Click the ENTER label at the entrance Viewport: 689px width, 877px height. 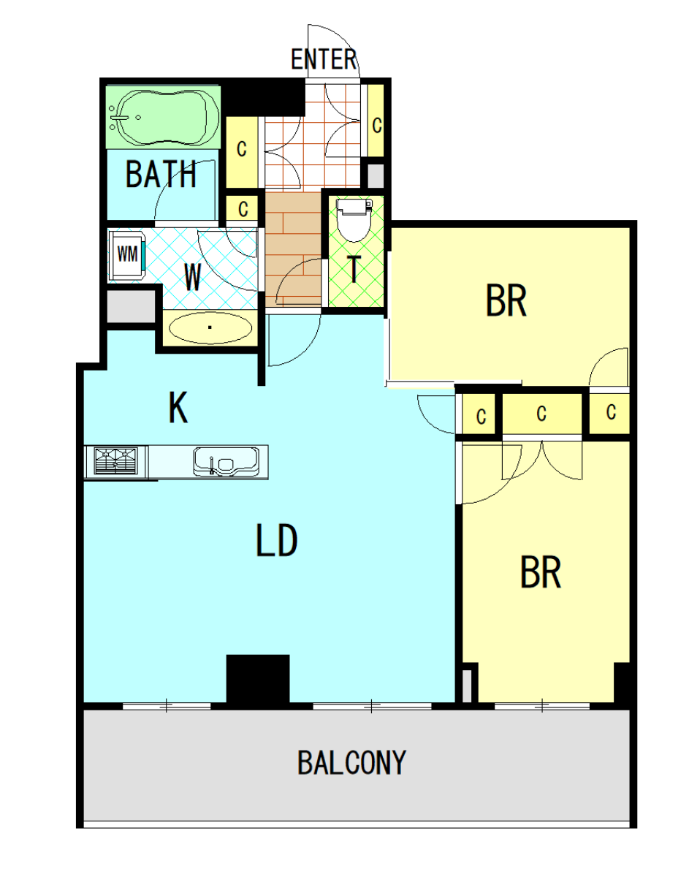point(324,59)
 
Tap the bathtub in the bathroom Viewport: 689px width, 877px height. point(164,118)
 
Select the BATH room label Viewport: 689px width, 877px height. point(161,174)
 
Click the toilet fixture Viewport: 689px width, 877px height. point(354,219)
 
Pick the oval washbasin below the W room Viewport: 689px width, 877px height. point(210,327)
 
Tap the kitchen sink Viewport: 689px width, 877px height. point(226,461)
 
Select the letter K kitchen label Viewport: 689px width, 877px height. point(178,408)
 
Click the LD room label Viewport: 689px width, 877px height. point(277,540)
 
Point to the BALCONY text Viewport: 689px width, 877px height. point(351,762)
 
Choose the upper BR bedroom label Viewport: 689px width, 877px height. point(506,300)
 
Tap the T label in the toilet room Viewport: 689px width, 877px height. point(354,270)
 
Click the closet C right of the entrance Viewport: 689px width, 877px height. point(377,126)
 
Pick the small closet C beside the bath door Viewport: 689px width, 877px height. point(243,209)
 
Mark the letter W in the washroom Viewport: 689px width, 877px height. point(192,277)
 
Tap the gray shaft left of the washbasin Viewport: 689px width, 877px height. point(131,306)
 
